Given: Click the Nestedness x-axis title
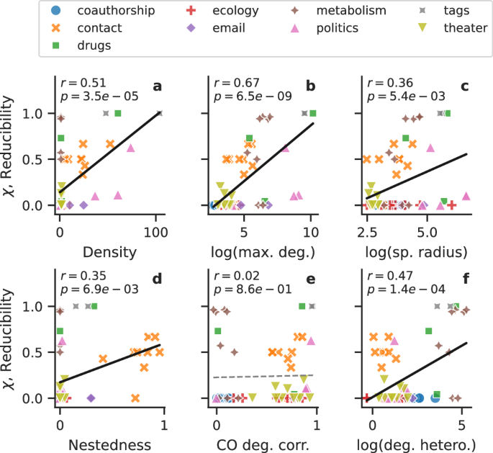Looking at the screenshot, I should coord(111,441).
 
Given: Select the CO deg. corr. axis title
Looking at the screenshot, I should coord(264,441).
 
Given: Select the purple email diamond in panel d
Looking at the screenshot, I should coord(91,398).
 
